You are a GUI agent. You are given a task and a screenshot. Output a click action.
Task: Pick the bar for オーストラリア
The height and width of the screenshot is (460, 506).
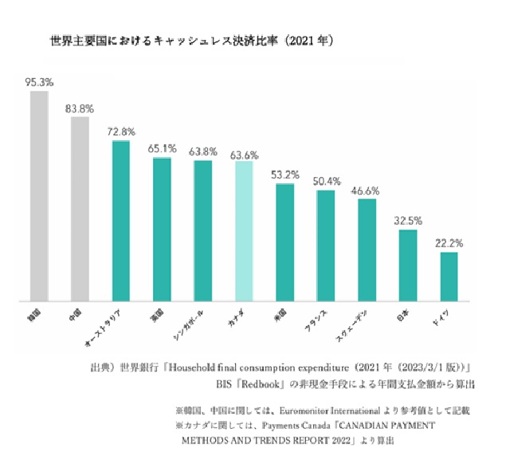tap(120, 221)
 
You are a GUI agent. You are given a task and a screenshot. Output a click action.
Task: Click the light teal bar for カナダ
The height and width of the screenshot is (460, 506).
tap(244, 231)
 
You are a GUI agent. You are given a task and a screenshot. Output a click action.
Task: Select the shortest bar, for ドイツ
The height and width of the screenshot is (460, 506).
tap(449, 276)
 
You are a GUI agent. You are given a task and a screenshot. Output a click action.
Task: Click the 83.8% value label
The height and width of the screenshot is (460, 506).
tap(80, 108)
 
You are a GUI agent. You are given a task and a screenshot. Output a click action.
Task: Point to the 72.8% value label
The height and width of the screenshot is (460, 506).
tap(121, 131)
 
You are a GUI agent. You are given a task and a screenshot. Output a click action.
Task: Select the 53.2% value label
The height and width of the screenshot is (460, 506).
tap(285, 175)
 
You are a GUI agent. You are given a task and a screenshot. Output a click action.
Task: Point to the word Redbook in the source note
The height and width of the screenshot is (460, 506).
tap(255, 384)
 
